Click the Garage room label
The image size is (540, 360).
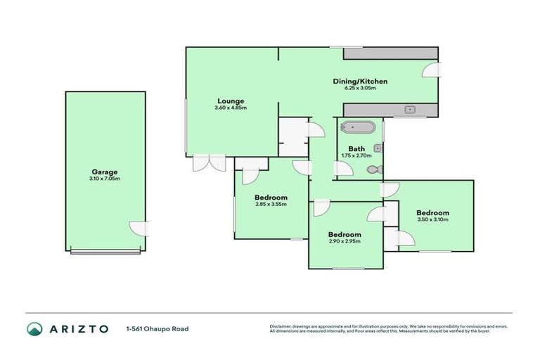tap(104, 172)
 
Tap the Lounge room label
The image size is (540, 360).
tap(230, 101)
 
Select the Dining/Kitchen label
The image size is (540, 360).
tap(360, 82)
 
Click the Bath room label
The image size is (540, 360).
tap(356, 148)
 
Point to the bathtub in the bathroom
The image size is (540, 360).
tap(359, 128)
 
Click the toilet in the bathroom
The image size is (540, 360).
tap(378, 169)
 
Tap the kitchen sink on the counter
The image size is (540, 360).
tap(411, 110)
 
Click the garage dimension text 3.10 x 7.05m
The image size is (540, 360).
tap(104, 179)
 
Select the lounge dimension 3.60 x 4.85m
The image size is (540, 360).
tap(230, 108)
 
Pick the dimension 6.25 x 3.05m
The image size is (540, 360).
tap(360, 89)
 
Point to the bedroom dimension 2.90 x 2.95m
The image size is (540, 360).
tap(345, 241)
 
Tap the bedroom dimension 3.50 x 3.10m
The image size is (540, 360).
tap(432, 220)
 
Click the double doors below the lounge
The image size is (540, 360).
tap(208, 162)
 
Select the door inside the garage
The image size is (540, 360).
tap(139, 229)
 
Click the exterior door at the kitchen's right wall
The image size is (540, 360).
tap(432, 70)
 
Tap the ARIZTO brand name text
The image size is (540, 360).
tap(79, 328)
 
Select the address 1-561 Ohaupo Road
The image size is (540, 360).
tap(157, 328)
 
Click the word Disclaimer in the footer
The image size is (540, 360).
tap(282, 326)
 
